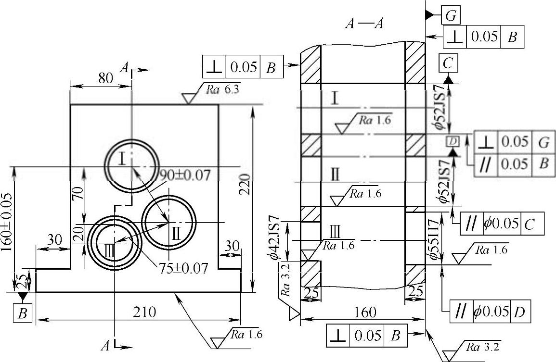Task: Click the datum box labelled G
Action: (451, 15)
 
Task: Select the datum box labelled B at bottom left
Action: (23, 313)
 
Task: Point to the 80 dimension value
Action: (106, 78)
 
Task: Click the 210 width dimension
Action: (144, 312)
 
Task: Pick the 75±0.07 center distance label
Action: (183, 268)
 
